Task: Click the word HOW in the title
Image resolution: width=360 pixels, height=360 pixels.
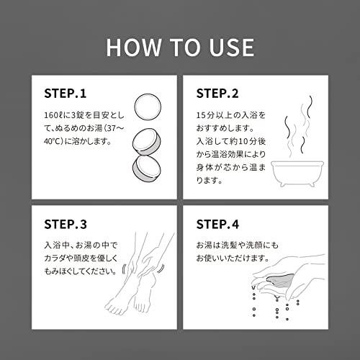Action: click(134, 48)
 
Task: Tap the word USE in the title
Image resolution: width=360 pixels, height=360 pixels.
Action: click(232, 48)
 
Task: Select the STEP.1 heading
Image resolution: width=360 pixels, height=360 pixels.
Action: click(66, 94)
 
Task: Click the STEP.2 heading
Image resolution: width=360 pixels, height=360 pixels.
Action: click(217, 94)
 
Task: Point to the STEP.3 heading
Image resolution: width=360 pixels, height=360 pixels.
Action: click(66, 224)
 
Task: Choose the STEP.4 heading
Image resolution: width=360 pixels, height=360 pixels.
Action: click(217, 224)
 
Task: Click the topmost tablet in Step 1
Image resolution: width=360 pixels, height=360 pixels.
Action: click(148, 107)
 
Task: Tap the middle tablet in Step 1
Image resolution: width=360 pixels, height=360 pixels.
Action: click(147, 142)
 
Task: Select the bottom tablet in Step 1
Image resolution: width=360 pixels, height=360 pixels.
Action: click(147, 168)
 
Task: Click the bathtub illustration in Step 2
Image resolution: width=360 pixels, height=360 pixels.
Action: click(297, 174)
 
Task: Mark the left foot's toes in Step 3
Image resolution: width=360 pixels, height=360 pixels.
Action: click(114, 307)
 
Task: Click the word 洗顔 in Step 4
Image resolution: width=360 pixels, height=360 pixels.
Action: click(255, 245)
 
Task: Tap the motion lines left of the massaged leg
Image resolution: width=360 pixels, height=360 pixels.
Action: click(124, 269)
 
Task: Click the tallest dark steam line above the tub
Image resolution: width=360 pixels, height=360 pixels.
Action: click(310, 107)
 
